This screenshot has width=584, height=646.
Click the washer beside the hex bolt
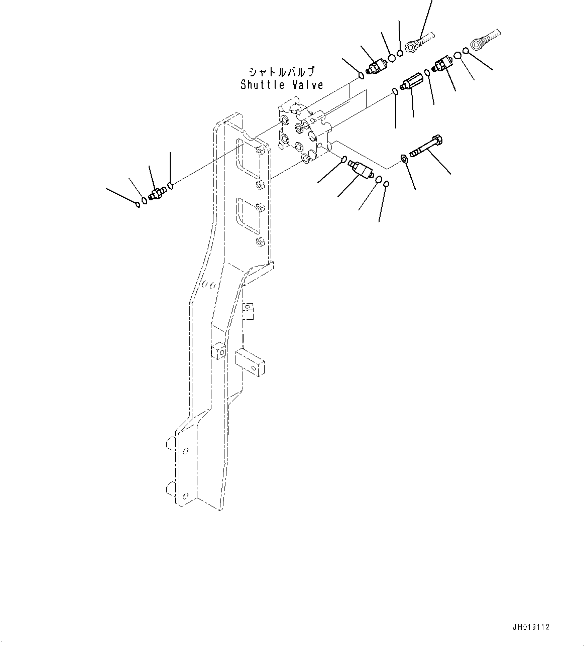[404, 158]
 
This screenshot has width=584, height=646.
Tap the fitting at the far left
[157, 194]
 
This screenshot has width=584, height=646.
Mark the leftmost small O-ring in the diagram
[138, 204]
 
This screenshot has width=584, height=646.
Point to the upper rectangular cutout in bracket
[248, 159]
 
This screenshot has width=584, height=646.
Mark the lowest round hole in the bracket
[185, 504]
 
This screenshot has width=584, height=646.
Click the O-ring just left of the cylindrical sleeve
[395, 91]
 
